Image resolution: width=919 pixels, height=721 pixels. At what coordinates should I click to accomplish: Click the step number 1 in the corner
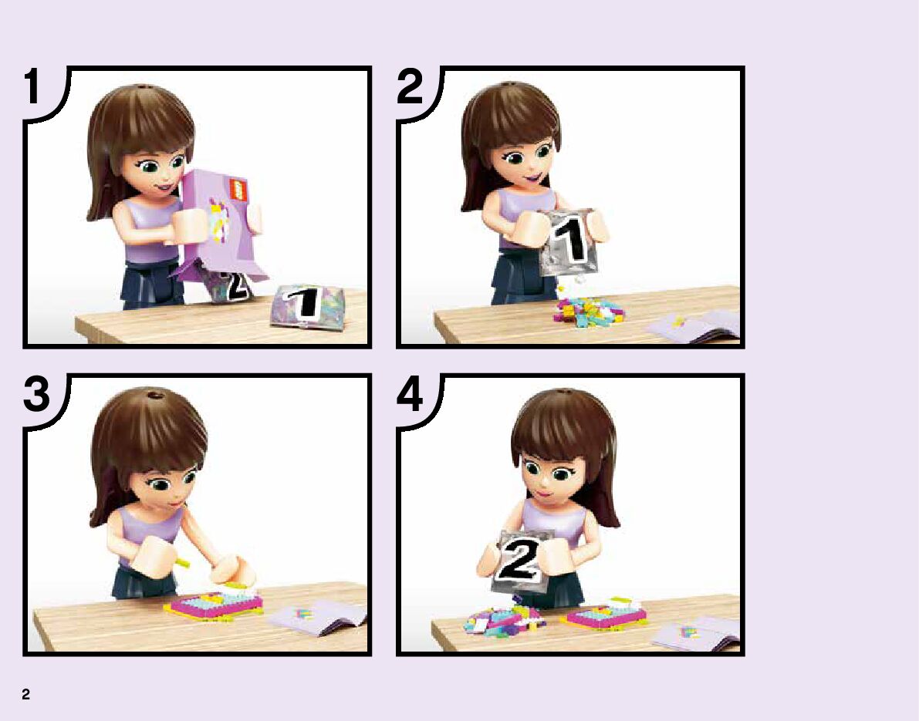33,86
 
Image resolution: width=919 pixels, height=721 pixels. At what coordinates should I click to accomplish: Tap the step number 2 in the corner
410,86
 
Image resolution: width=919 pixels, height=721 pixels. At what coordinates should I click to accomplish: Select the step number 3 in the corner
37,393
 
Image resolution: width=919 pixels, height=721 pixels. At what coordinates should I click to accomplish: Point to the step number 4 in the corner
410,393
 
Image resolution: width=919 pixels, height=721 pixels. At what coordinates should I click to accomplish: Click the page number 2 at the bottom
25,694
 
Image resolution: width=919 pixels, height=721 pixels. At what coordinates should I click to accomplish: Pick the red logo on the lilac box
238,189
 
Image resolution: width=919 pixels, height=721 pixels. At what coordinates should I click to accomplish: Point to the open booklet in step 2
694,325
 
